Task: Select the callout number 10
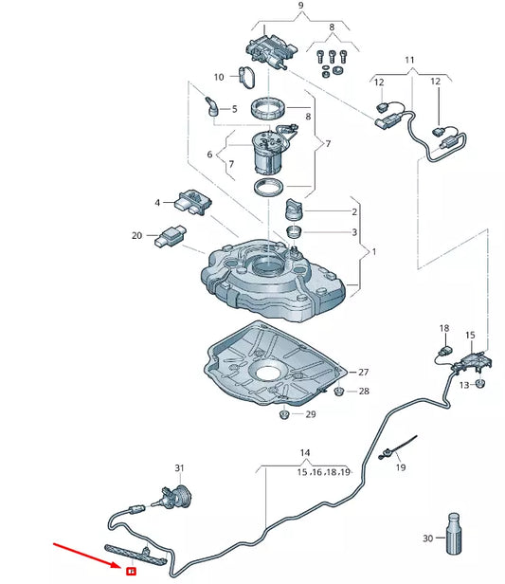coord(218,76)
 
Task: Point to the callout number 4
coord(159,201)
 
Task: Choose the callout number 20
coord(136,236)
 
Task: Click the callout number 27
coord(363,372)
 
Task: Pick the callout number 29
coord(310,415)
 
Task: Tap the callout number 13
coord(463,385)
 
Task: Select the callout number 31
coord(179,468)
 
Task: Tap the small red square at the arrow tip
coord(131,570)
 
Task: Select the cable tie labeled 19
coord(392,452)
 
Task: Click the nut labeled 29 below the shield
coord(285,414)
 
